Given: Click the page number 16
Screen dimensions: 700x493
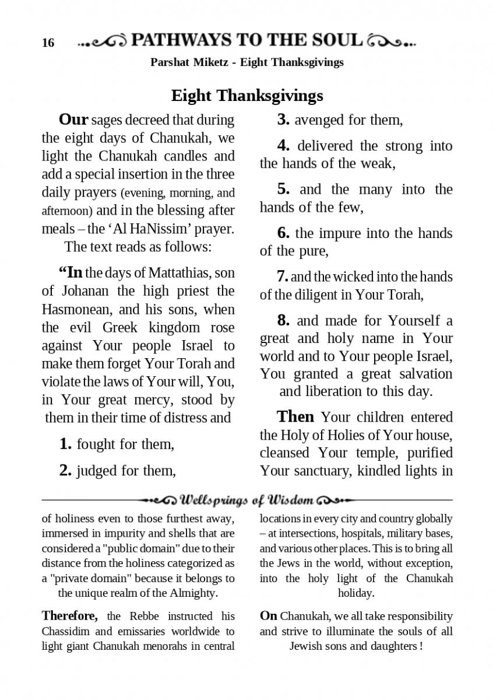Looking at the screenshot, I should pos(48,43).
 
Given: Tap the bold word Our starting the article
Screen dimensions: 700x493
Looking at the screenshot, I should pos(73,120).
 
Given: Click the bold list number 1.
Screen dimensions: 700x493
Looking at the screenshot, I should pos(66,444).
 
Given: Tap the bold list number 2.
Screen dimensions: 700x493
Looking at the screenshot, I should pos(66,470).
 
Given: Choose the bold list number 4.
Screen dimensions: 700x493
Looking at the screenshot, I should pos(283,146).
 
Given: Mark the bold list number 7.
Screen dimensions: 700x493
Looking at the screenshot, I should pos(283,277).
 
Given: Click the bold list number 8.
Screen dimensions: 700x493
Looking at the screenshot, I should pos(283,320).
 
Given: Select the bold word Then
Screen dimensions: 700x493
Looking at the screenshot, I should pos(295,416).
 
